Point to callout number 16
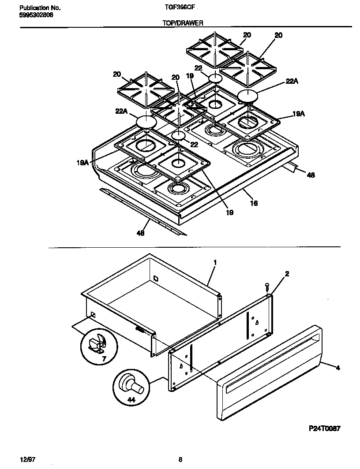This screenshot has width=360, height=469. (x=254, y=203)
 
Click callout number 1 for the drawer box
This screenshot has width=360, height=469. (x=215, y=263)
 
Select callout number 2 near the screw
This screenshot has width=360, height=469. (x=287, y=274)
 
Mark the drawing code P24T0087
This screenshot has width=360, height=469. (x=324, y=428)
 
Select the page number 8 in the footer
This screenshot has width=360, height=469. (x=180, y=459)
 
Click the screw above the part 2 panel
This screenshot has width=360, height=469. (x=267, y=287)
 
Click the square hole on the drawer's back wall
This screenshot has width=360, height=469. (x=155, y=278)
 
